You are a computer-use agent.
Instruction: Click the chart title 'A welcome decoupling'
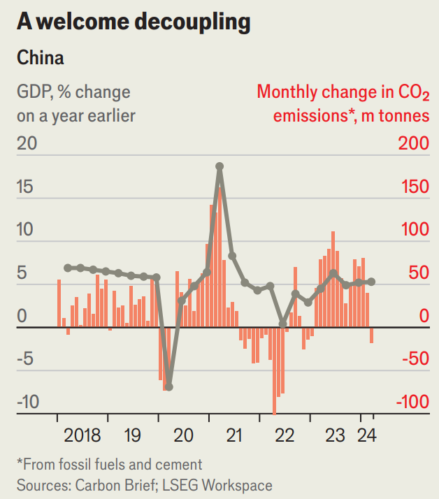134,22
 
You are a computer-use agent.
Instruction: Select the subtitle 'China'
40,58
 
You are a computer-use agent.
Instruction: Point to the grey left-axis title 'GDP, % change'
73,92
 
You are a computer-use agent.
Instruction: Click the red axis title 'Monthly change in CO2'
343,92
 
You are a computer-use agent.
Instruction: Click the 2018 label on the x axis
82,435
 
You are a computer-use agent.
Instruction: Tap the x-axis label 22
285,435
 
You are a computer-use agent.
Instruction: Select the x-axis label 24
366,435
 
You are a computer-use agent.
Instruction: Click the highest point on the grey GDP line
219,166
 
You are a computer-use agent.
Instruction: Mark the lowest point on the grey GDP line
168,386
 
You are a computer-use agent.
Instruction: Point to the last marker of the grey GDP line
371,282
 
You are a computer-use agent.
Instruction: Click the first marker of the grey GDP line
68,268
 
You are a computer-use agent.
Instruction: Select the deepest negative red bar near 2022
274,370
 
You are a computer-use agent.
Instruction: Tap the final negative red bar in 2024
371,335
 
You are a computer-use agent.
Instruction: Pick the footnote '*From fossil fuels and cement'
109,464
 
